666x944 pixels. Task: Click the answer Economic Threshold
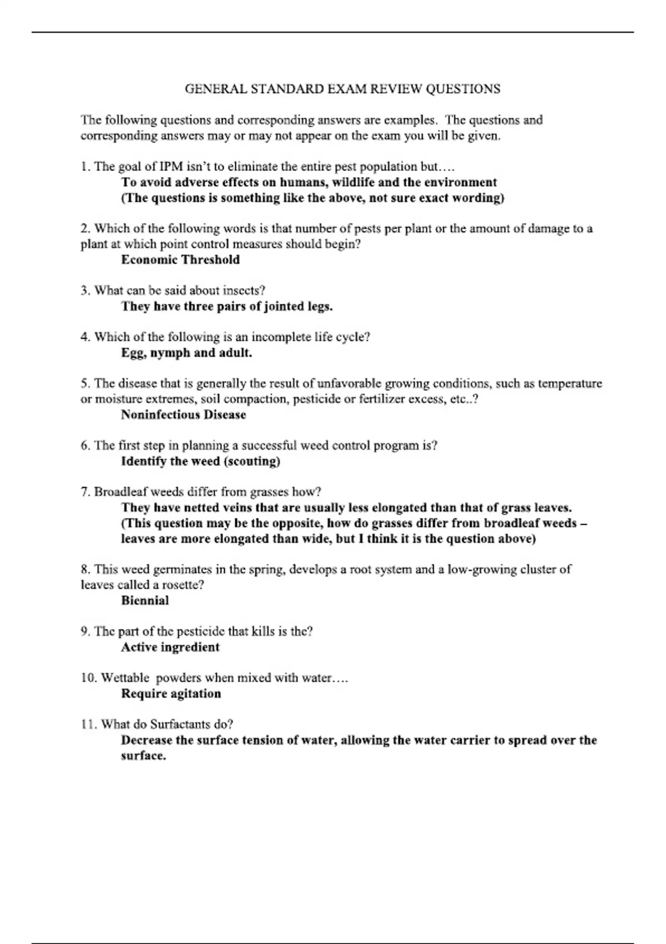(x=180, y=260)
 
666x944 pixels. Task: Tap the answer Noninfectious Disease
(x=183, y=415)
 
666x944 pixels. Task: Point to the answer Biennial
(x=145, y=600)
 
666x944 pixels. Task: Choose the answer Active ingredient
(x=170, y=647)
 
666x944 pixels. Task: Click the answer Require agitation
(x=171, y=694)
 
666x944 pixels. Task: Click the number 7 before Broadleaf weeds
(x=84, y=492)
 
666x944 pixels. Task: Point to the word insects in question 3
(x=242, y=290)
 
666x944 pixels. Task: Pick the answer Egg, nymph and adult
(x=186, y=353)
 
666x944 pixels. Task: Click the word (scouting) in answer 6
(x=252, y=461)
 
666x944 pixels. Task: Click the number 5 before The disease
(x=84, y=384)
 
